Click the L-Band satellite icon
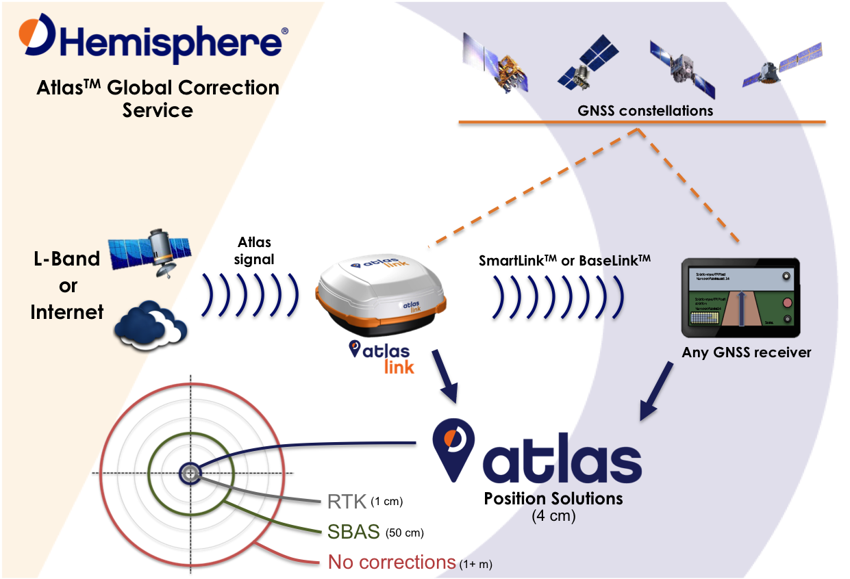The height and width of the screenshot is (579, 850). coord(152,247)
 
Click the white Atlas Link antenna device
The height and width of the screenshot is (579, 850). coord(381,293)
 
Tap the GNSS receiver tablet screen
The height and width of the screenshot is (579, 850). coord(740,298)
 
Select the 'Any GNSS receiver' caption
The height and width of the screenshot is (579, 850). coord(746,352)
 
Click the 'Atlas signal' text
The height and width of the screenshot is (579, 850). coord(254,250)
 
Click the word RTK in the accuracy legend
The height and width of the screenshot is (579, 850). coord(348,501)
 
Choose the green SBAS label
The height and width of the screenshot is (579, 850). coord(353,531)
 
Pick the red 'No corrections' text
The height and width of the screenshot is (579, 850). coord(392,562)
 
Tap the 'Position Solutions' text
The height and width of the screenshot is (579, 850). coord(553,498)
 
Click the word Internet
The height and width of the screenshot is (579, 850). coord(67,312)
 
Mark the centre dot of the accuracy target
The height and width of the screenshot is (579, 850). coord(190,472)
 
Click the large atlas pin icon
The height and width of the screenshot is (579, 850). coord(451,448)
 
